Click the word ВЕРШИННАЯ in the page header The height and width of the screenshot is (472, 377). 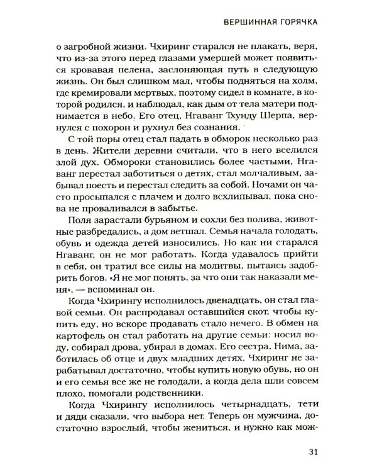point(249,21)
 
